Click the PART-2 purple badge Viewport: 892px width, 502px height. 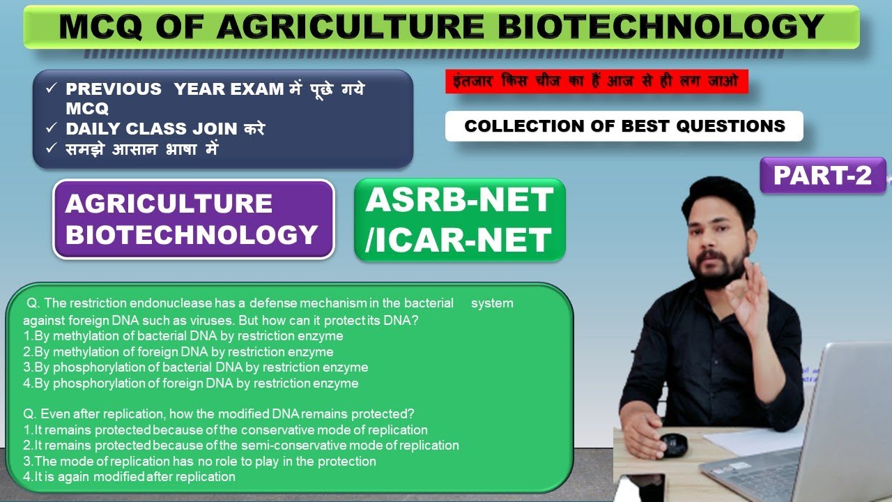822,175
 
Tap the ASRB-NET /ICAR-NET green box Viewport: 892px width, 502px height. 459,220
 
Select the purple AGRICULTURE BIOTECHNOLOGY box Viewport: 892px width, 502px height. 193,219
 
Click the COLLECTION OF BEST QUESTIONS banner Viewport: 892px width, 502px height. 624,126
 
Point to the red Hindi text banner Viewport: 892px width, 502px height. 596,82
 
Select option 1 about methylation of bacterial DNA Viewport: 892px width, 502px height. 183,336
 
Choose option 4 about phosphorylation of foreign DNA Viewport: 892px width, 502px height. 191,383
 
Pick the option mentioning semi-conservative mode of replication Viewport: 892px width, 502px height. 241,446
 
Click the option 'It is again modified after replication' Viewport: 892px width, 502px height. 130,477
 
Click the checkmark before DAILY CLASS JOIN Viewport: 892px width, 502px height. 51,129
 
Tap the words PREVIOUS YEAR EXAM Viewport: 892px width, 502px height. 174,89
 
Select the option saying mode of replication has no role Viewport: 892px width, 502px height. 199,462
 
